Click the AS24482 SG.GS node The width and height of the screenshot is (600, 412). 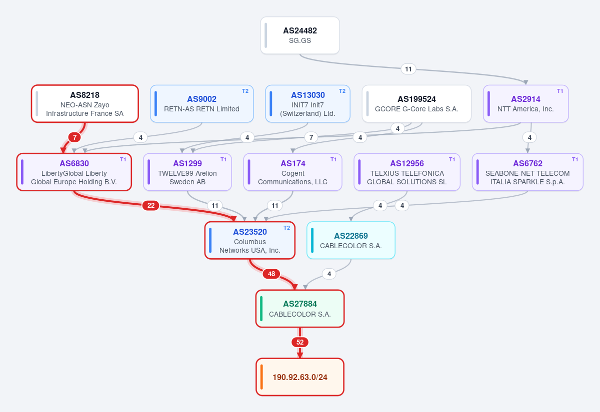(299, 35)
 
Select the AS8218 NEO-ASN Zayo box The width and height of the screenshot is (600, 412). (84, 104)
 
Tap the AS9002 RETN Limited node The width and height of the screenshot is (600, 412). (201, 104)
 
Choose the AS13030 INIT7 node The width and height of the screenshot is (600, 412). (307, 104)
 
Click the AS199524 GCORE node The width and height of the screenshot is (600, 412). (416, 104)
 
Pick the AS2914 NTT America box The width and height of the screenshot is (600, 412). (525, 104)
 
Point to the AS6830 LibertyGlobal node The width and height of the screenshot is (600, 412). (74, 172)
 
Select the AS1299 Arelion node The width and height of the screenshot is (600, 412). (187, 172)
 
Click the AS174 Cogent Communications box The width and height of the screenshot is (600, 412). (292, 172)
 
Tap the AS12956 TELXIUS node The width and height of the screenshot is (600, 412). (407, 172)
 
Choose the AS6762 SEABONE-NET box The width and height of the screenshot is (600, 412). (527, 172)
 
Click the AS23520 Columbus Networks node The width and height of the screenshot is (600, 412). (249, 240)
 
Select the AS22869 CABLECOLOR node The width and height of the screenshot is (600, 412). (350, 240)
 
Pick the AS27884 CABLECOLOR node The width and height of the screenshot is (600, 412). (299, 309)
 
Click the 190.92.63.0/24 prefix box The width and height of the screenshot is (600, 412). (299, 377)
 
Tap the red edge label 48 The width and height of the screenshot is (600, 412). (271, 274)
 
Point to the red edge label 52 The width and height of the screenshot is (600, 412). (299, 342)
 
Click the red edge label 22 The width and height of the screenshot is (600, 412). (151, 205)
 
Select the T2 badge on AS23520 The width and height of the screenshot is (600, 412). (286, 228)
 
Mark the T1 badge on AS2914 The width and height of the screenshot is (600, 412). (560, 91)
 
